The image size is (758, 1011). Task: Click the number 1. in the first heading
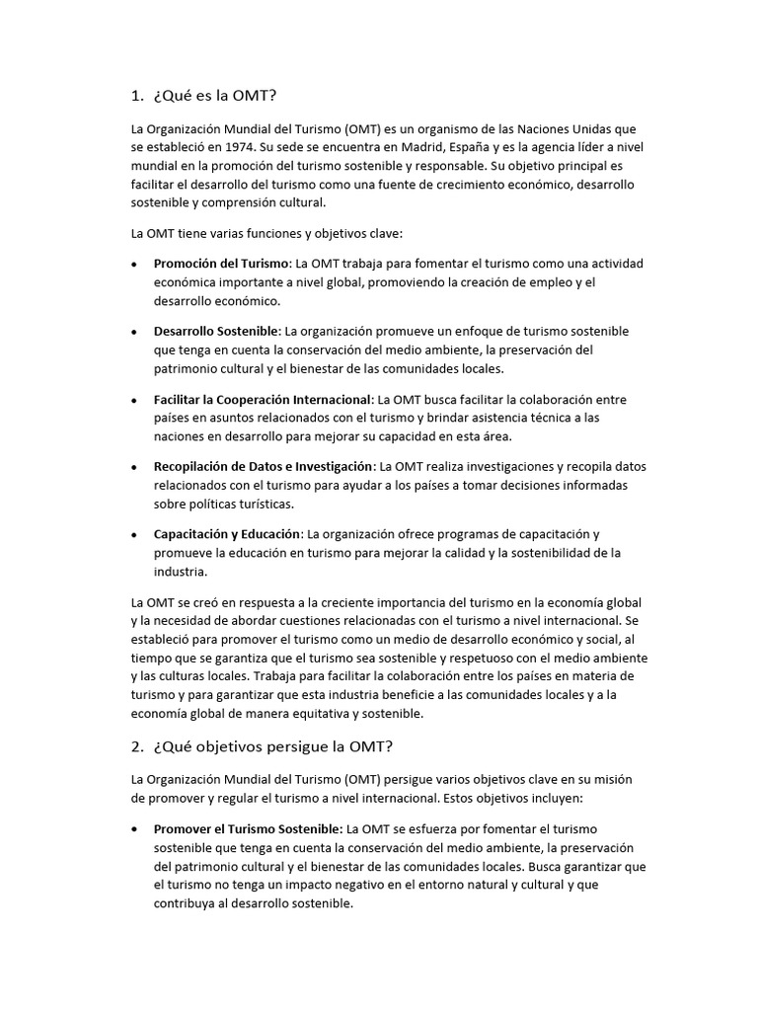coord(137,96)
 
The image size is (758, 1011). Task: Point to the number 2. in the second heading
coord(137,744)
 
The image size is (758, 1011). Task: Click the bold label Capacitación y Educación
coord(227,534)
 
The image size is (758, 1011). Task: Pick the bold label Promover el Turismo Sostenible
coord(248,828)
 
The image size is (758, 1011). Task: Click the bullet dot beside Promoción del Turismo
coord(134,265)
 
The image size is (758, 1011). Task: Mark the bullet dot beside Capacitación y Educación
coord(134,535)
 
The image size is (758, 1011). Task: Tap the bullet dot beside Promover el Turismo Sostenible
coord(134,829)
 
